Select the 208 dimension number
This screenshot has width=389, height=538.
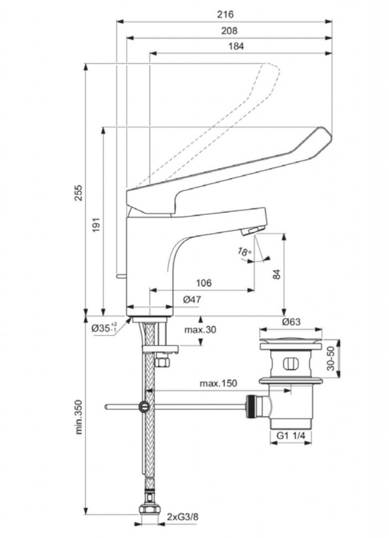[229, 30]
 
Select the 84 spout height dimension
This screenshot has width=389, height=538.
[277, 274]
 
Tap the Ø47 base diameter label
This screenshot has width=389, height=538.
[193, 299]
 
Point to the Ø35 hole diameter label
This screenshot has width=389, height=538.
[103, 327]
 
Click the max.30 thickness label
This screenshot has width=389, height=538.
[201, 330]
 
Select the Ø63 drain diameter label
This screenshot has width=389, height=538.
[291, 322]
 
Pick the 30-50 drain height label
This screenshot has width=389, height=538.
[331, 359]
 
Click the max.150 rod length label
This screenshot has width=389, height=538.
[218, 383]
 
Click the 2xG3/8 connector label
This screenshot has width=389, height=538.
[183, 517]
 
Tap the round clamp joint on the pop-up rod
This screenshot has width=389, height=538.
[144, 406]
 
